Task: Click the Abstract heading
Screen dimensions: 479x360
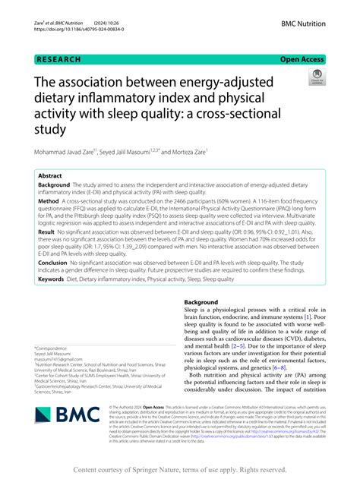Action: [50, 175]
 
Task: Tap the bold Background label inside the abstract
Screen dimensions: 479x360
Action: [54, 184]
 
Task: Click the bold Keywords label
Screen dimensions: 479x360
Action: [52, 279]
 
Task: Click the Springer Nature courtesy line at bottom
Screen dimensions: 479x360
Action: [179, 468]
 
